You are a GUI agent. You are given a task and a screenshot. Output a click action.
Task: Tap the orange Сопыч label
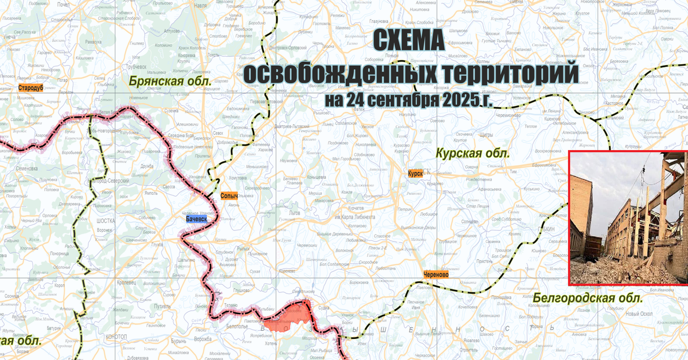tap(229, 196)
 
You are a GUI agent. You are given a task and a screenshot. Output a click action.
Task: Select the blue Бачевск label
tap(196, 218)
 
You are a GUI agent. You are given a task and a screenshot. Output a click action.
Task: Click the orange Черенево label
tap(436, 275)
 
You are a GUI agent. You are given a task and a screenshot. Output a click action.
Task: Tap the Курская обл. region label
tap(472, 154)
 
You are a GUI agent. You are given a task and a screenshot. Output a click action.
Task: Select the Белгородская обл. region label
tap(587, 298)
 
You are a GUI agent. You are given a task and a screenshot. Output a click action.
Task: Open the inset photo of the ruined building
tap(628, 218)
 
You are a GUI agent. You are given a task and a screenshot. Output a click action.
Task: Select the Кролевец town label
tap(126, 283)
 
